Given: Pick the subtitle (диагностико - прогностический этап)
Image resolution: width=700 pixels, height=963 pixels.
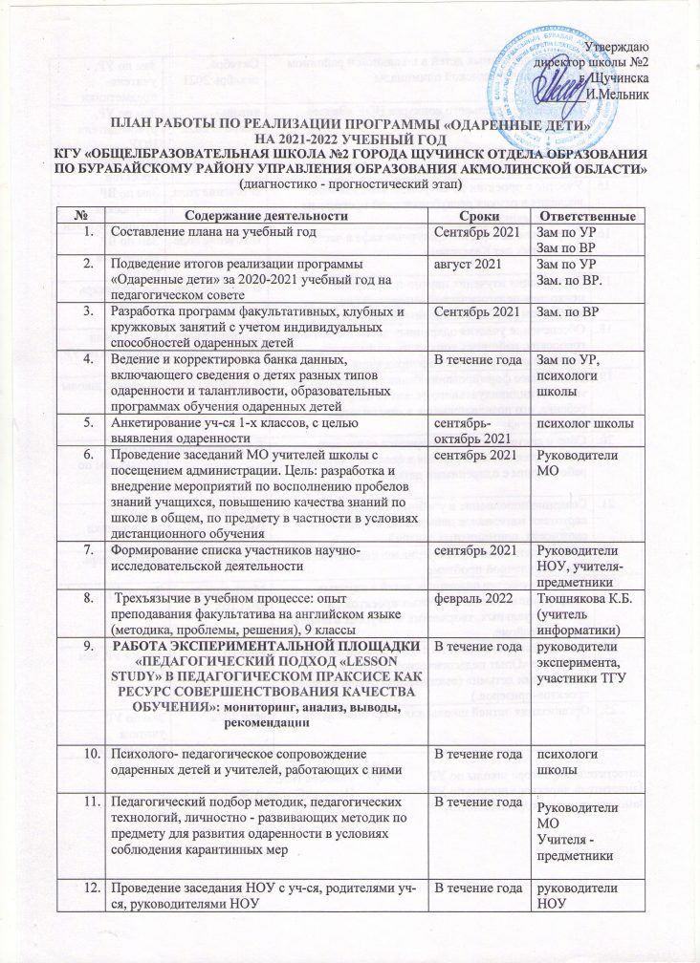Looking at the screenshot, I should pyautogui.click(x=351, y=182).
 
